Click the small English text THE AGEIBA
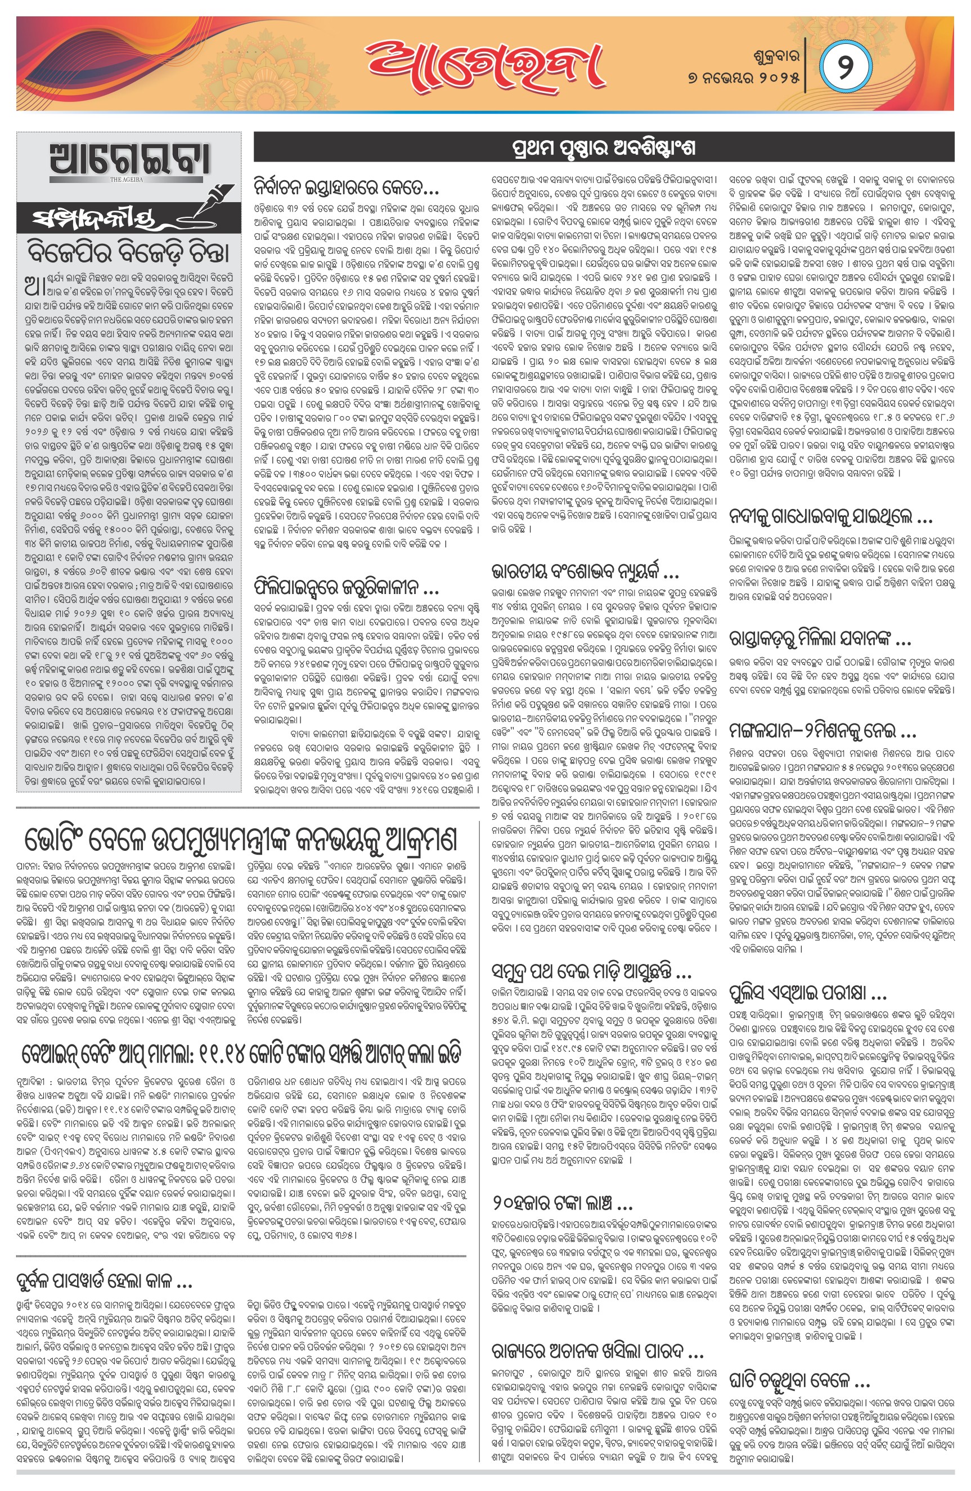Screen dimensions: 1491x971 (126, 180)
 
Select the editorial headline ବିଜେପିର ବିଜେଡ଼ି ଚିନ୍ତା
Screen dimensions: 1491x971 (128, 252)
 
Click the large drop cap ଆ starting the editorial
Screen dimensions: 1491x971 (34, 285)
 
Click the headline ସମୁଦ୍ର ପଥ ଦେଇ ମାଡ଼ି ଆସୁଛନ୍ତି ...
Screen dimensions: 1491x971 (592, 972)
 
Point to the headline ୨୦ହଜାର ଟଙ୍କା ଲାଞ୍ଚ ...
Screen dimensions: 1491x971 (562, 1203)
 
